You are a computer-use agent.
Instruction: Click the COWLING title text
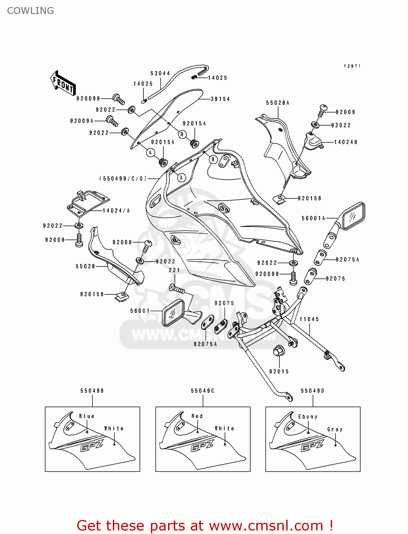(x=31, y=11)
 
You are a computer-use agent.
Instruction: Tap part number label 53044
(x=160, y=73)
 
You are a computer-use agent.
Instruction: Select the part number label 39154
(x=220, y=99)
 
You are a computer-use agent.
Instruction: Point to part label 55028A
(x=278, y=103)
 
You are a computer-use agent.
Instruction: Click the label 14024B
(x=346, y=142)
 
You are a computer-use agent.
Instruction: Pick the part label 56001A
(x=314, y=218)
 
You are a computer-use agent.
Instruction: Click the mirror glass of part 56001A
(x=353, y=216)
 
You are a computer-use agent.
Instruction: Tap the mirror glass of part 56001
(x=173, y=313)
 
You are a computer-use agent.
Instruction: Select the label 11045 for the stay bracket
(x=309, y=319)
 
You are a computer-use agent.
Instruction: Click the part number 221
(x=174, y=270)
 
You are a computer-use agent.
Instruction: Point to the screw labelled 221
(x=177, y=289)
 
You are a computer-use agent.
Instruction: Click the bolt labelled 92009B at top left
(x=119, y=99)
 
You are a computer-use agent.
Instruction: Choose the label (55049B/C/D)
(x=123, y=178)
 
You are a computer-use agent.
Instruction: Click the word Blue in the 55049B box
(x=87, y=416)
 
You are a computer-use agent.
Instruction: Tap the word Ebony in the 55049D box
(x=308, y=417)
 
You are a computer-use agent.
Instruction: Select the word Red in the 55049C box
(x=197, y=416)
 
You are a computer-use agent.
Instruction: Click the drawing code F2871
(x=352, y=66)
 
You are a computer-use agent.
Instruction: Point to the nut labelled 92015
(x=278, y=351)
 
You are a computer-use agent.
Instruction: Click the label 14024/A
(x=116, y=211)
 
